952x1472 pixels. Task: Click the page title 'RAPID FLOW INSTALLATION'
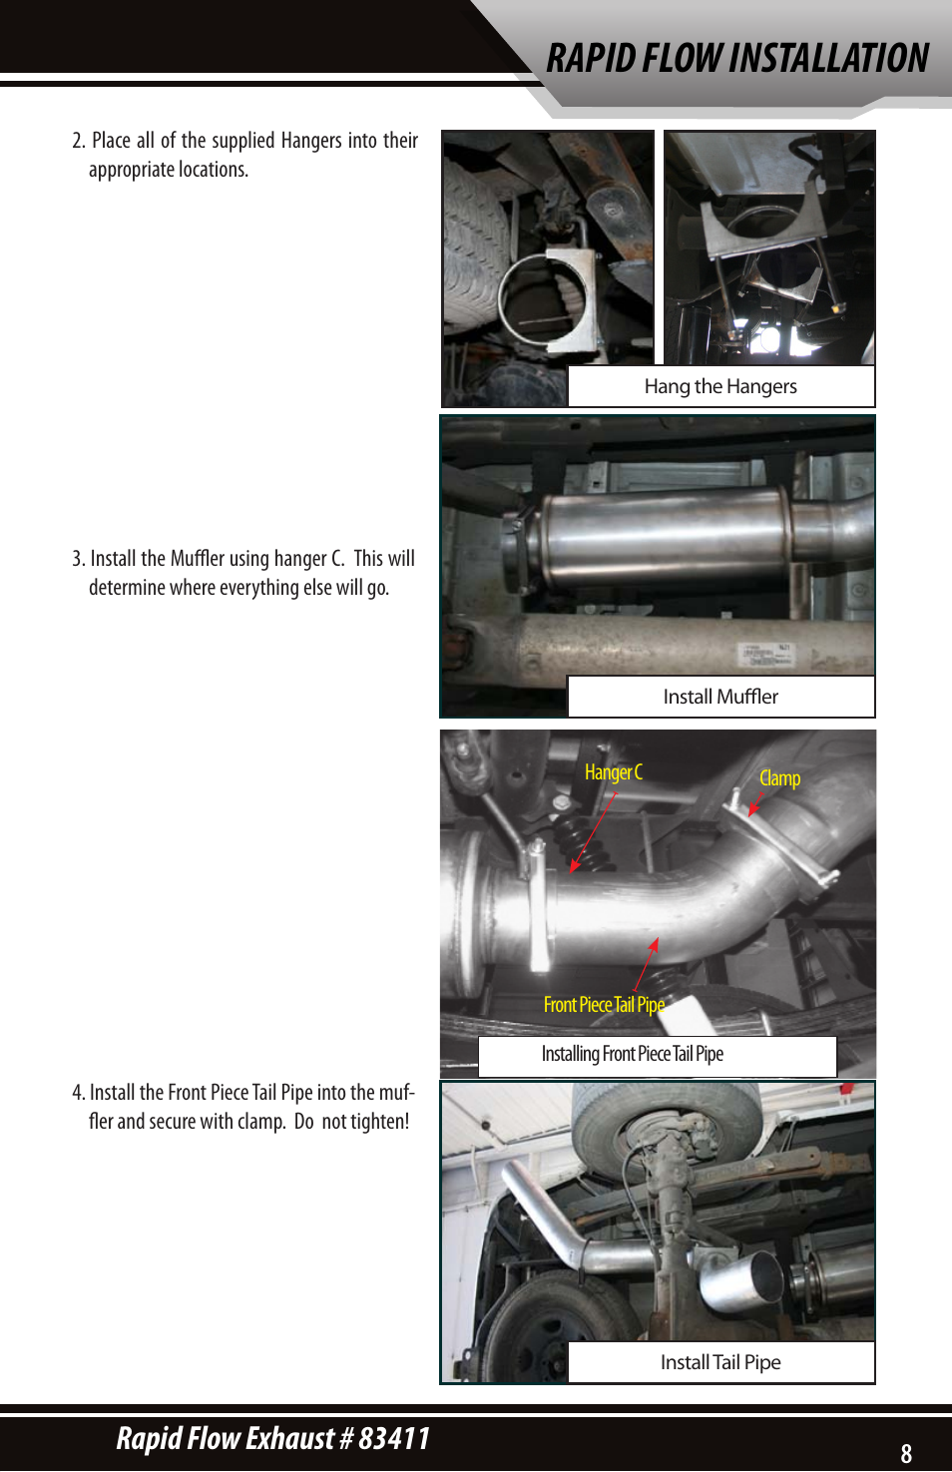pos(736,58)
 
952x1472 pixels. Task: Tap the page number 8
pos(906,1453)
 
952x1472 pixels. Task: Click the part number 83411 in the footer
pos(394,1438)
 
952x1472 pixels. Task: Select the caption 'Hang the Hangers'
pos(720,386)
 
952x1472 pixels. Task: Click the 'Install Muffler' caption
pos(720,697)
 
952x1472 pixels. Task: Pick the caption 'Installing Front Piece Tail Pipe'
pos(632,1054)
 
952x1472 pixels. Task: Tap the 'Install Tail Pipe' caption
pos(720,1362)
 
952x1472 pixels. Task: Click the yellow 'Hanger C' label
pos(613,772)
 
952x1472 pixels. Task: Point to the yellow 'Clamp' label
pos(779,778)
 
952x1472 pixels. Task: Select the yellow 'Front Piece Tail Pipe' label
pos(603,1005)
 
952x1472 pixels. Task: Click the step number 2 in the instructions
pos(77,141)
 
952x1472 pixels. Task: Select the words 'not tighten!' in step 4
pos(365,1122)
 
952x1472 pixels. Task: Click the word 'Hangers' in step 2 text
pos(310,141)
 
